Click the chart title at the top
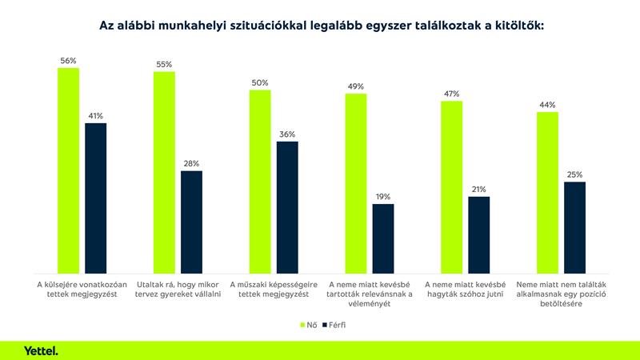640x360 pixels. pyautogui.click(x=320, y=26)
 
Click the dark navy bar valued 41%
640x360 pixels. pyautogui.click(x=96, y=198)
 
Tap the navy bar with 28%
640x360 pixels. pyautogui.click(x=192, y=222)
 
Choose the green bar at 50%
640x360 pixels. pyautogui.click(x=260, y=181)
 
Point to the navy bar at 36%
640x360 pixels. pyautogui.click(x=287, y=206)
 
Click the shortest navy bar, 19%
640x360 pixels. pyautogui.click(x=383, y=238)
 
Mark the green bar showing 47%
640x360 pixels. pyautogui.click(x=451, y=186)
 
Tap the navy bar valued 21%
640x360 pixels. pyautogui.click(x=478, y=234)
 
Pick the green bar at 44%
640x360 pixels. pyautogui.click(x=547, y=192)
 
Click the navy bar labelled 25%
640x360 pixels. pyautogui.click(x=574, y=227)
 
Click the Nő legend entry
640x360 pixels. pyautogui.click(x=307, y=326)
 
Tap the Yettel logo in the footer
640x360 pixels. pyautogui.click(x=41, y=350)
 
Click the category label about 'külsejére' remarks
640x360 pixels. pyautogui.click(x=78, y=289)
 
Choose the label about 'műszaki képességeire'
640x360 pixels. pyautogui.click(x=270, y=289)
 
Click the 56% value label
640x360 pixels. pyautogui.click(x=68, y=61)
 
